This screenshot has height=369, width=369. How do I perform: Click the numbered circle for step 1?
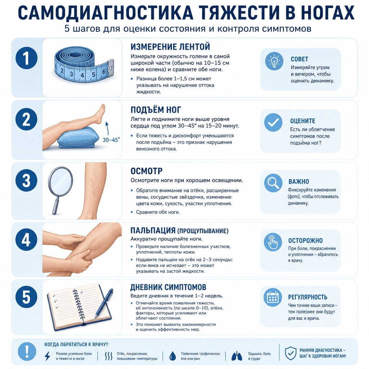(27, 58)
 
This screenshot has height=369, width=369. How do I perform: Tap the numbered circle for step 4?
(26, 240)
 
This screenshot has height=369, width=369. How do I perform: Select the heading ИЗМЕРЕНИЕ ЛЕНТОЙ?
(170, 46)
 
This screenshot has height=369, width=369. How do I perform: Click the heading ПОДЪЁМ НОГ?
(156, 110)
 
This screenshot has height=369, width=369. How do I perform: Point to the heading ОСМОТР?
(146, 171)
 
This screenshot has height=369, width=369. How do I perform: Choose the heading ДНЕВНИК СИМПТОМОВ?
(168, 287)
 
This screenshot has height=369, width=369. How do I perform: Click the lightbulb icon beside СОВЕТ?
(274, 61)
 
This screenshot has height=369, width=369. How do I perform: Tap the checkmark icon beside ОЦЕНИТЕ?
(273, 123)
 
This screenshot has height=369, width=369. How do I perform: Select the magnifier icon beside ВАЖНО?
(273, 183)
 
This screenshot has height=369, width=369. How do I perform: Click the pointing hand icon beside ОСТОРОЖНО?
(273, 242)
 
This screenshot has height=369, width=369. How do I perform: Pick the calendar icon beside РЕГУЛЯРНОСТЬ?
(272, 297)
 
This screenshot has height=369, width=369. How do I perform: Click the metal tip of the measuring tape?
(110, 68)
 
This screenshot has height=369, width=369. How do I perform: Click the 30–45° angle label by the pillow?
(111, 140)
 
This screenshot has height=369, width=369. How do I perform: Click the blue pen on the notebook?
(104, 303)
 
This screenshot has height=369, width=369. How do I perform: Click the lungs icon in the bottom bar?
(237, 356)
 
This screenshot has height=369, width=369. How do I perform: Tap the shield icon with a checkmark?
(290, 353)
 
